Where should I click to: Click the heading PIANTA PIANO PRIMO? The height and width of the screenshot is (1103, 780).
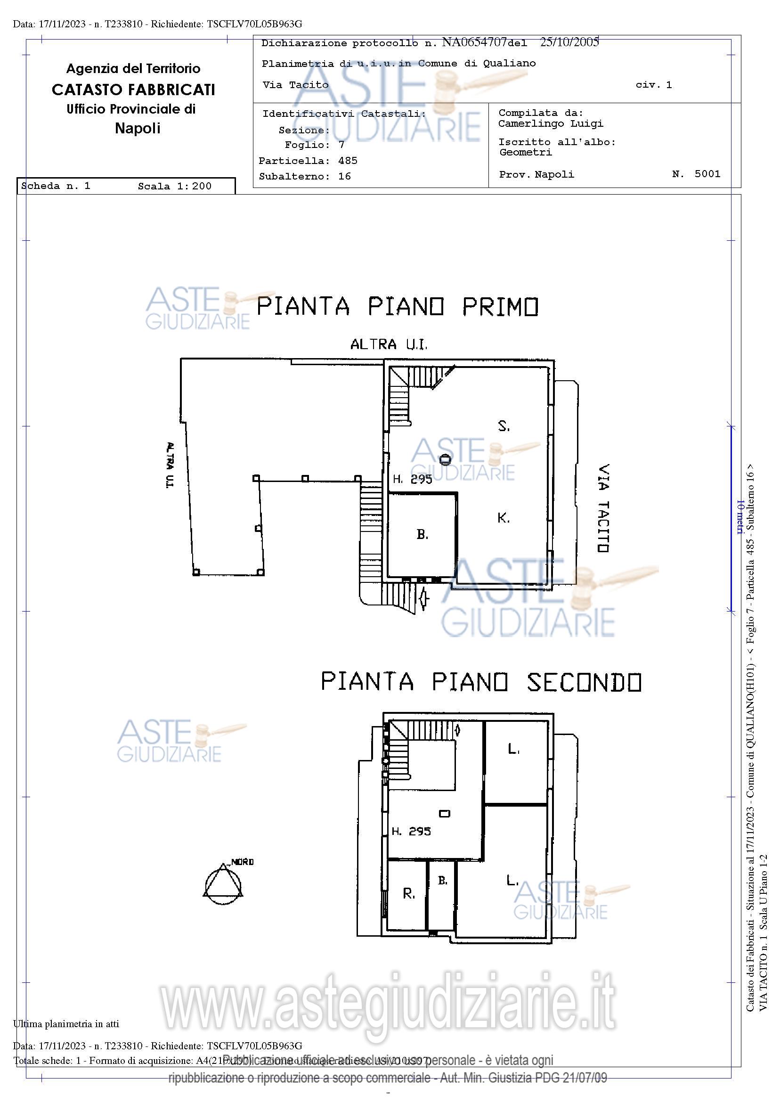(x=397, y=307)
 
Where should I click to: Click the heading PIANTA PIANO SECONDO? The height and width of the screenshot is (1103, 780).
(x=481, y=682)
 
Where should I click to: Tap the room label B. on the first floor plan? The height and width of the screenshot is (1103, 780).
(x=422, y=535)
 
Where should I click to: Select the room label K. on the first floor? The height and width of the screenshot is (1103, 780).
(x=504, y=518)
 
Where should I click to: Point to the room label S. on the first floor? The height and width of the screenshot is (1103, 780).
(x=504, y=426)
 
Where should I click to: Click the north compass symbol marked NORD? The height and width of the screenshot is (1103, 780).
(x=223, y=882)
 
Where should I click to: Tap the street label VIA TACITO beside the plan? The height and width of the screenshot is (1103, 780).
(x=603, y=508)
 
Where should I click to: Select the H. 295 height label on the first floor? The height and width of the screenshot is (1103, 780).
(x=412, y=479)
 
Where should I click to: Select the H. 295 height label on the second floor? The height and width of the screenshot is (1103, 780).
(x=411, y=831)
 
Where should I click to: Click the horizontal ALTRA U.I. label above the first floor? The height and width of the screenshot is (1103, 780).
(x=389, y=344)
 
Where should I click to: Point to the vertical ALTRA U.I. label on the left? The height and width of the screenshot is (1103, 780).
(x=170, y=465)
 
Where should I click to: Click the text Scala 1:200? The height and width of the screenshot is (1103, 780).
(x=174, y=187)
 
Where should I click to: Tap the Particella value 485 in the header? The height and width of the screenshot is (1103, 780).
(x=348, y=161)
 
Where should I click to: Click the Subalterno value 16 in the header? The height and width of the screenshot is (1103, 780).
(x=344, y=176)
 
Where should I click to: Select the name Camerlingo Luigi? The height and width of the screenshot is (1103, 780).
(x=551, y=124)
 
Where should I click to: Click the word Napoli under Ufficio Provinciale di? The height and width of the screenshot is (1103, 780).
(x=138, y=128)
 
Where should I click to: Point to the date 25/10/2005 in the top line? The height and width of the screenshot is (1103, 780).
(x=569, y=42)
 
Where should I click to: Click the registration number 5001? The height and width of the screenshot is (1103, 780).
(x=707, y=174)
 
